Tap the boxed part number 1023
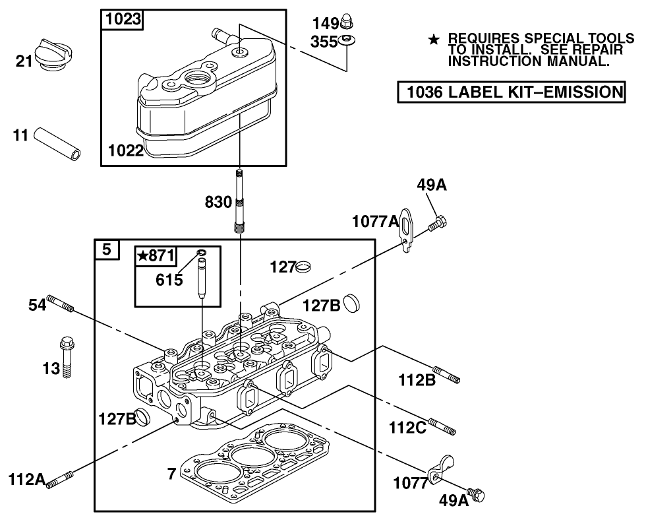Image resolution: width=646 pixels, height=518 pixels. coord(123,19)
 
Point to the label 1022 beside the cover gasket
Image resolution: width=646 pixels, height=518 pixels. coord(126,150)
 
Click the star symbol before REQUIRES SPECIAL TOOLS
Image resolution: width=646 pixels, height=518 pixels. coord(433,41)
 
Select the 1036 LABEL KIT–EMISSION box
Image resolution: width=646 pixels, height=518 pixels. coord(511,92)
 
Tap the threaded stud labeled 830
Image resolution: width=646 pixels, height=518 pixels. coord(239,202)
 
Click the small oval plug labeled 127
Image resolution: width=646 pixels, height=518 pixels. coord(304,267)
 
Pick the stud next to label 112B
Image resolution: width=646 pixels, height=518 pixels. coord(446,375)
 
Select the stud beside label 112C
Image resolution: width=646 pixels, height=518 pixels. coord(442,426)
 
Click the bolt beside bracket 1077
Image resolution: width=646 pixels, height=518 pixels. coord(474,493)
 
